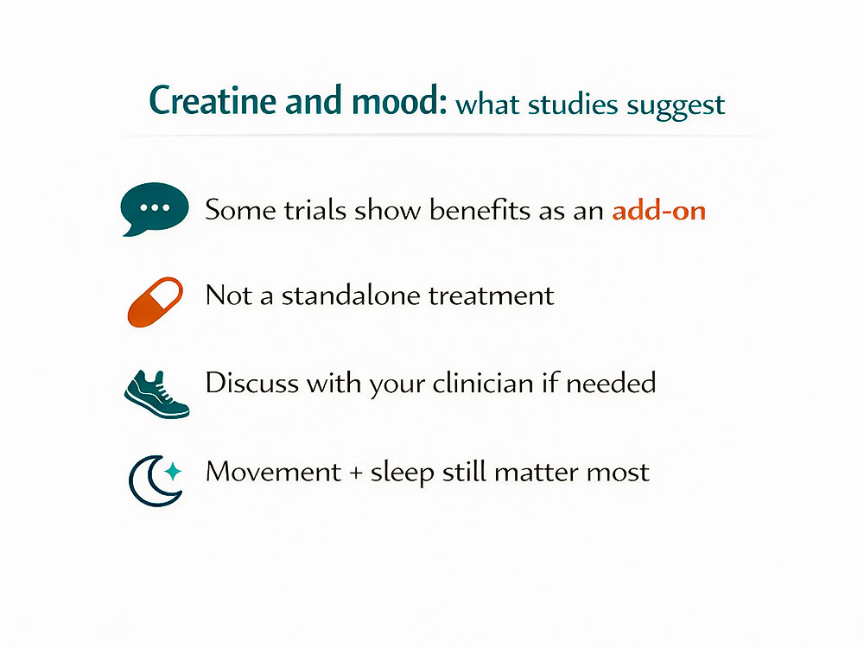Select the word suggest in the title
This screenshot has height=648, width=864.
point(676,105)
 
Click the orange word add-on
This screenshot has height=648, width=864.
point(659,210)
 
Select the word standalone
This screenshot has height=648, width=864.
point(354,295)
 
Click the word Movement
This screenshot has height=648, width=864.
point(273,473)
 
